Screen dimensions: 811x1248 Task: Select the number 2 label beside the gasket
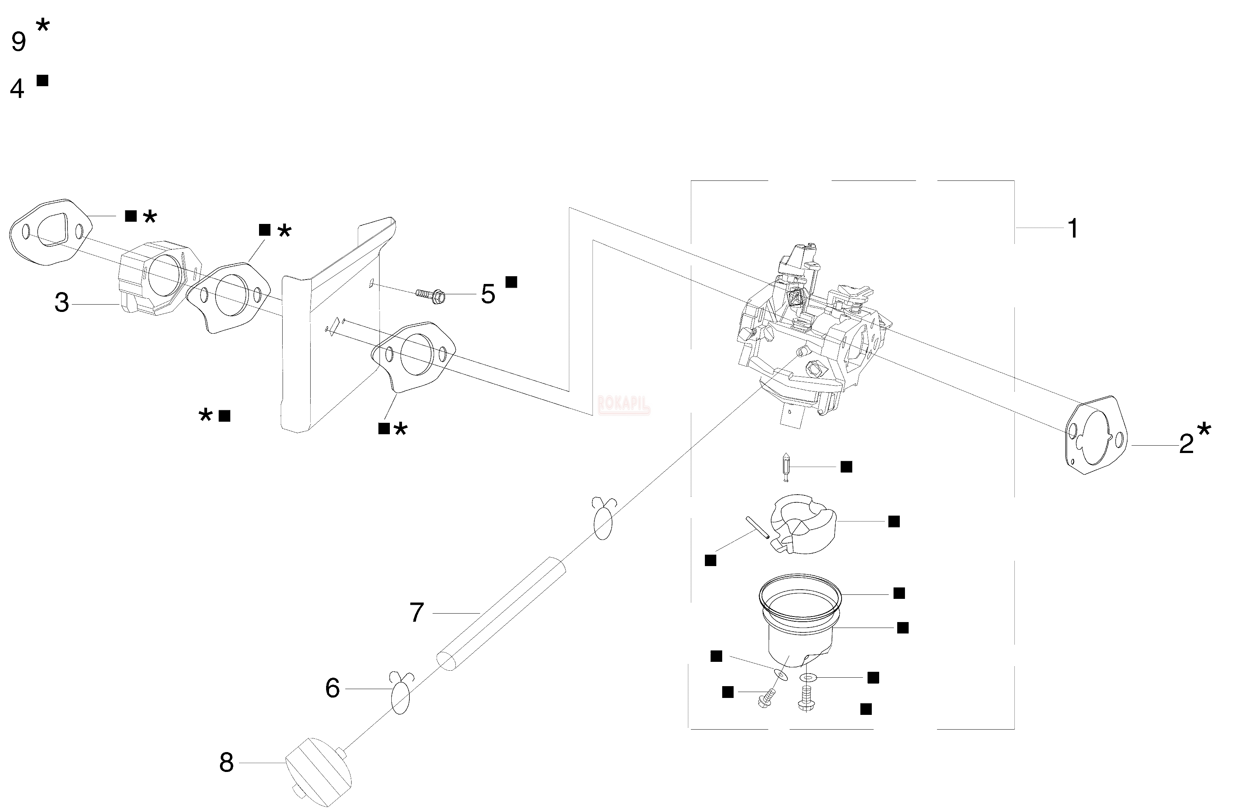[x=1186, y=445]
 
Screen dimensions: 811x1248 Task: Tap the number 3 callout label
[x=62, y=303]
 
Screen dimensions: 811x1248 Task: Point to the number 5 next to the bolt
[x=487, y=295]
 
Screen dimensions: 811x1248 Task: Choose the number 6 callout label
[x=332, y=688]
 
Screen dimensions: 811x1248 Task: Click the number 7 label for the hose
[x=416, y=612]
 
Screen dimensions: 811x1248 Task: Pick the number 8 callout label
[x=226, y=763]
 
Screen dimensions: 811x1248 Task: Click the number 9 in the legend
[x=18, y=42]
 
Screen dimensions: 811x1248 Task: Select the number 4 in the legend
[x=17, y=89]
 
